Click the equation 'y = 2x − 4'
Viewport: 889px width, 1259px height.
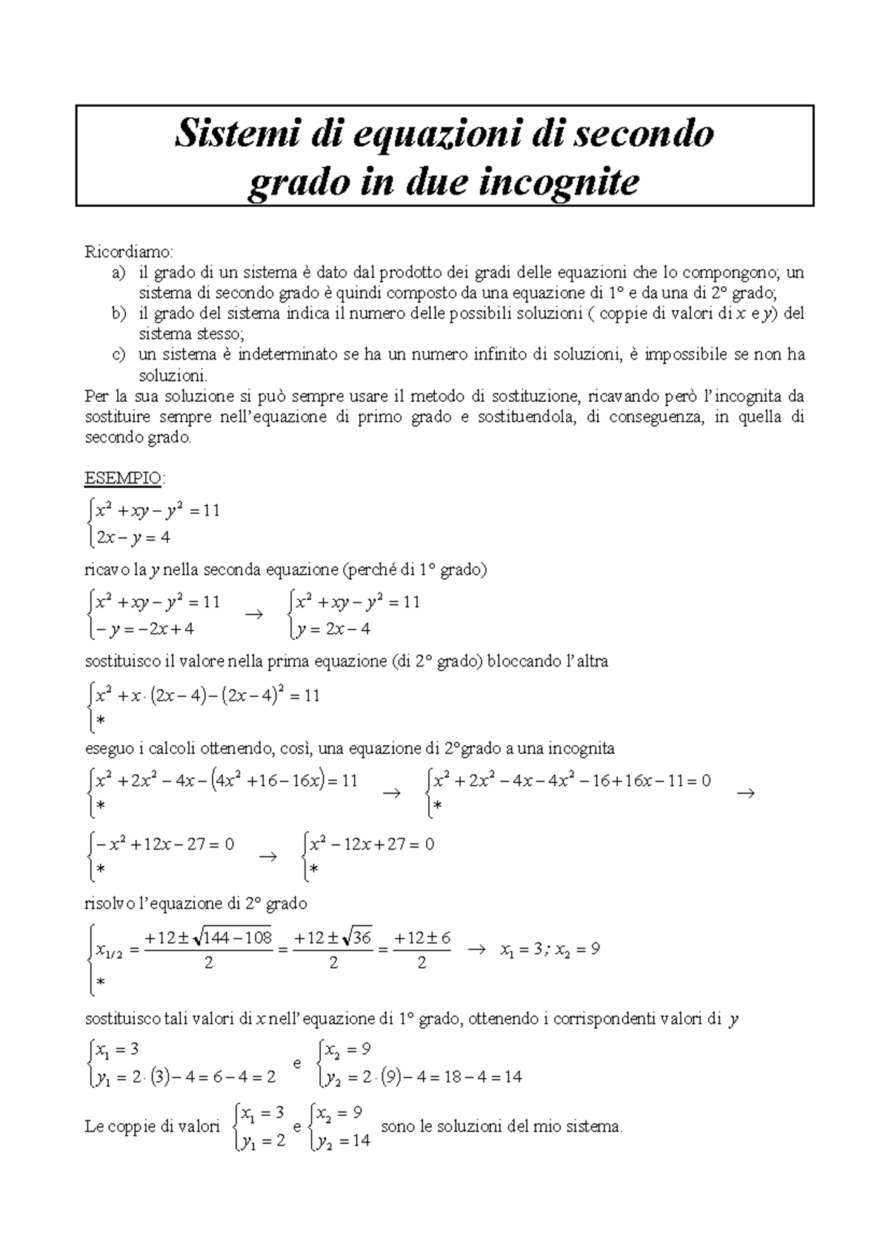point(333,629)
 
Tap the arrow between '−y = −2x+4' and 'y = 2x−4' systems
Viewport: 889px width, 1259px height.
point(253,615)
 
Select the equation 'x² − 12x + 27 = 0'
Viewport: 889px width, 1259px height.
point(372,844)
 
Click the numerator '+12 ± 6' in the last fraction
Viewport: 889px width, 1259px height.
point(422,938)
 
